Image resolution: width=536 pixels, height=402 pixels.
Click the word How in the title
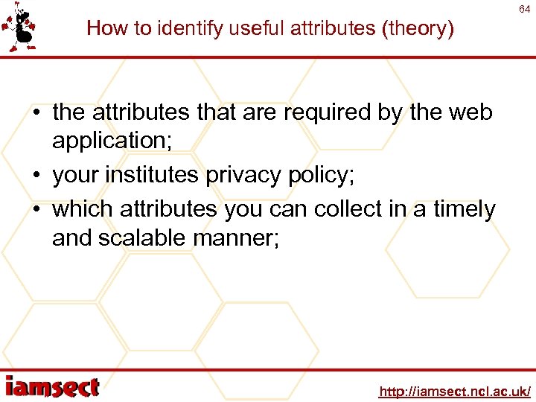tap(103, 28)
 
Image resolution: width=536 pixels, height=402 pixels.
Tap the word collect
tap(351, 210)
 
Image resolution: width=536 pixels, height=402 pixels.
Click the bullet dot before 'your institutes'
tap(36, 175)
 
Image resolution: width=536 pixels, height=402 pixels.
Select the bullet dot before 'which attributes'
tap(36, 210)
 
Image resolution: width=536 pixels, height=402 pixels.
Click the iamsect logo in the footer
tap(52, 386)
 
